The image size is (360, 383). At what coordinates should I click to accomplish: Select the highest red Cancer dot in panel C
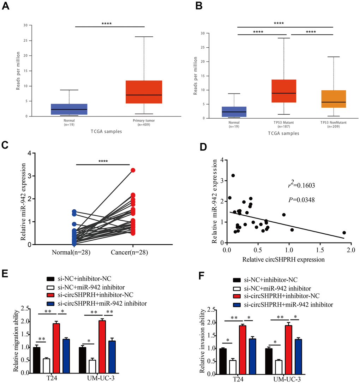tap(133, 170)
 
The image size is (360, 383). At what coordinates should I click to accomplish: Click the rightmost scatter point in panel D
tap(344, 233)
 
